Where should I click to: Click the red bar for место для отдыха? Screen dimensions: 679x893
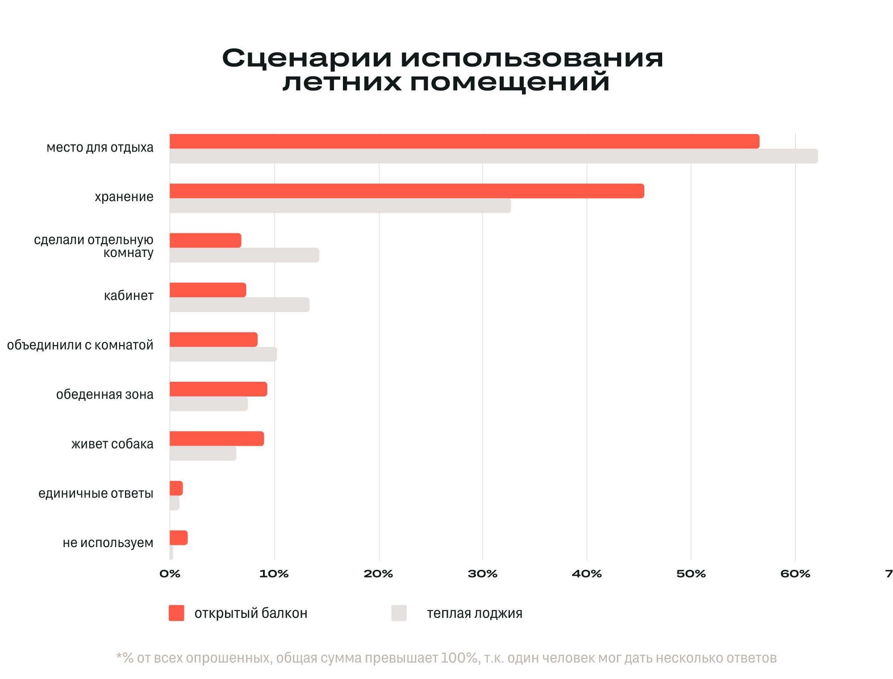pyautogui.click(x=464, y=141)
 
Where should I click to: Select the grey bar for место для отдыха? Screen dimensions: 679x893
pyautogui.click(x=493, y=156)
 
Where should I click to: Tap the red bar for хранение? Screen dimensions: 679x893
pyautogui.click(x=407, y=191)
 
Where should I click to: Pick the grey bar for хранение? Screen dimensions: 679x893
pyautogui.click(x=340, y=206)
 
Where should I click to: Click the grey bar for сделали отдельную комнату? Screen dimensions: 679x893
pyautogui.click(x=244, y=255)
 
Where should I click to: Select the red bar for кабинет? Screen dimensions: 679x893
pyautogui.click(x=208, y=290)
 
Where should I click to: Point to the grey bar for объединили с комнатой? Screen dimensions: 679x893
pyautogui.click(x=223, y=354)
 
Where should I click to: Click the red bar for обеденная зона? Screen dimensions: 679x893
pyautogui.click(x=218, y=389)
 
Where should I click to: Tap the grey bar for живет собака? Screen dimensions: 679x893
pyautogui.click(x=203, y=453)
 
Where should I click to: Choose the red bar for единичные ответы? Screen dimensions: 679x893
pyautogui.click(x=176, y=488)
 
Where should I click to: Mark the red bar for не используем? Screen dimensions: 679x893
pyautogui.click(x=179, y=538)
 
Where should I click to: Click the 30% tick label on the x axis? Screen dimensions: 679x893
pyautogui.click(x=482, y=574)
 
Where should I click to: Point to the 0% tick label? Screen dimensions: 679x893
pyautogui.click(x=170, y=574)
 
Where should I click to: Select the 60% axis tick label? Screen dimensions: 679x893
pyautogui.click(x=795, y=574)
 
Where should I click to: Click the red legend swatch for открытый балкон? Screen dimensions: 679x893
pyautogui.click(x=176, y=613)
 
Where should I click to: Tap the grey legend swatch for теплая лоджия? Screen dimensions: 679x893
pyautogui.click(x=399, y=613)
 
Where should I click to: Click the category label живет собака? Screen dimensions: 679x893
pyautogui.click(x=112, y=444)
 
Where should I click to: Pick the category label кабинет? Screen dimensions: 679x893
pyautogui.click(x=129, y=295)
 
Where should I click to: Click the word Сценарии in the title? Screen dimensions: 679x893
pyautogui.click(x=307, y=58)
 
